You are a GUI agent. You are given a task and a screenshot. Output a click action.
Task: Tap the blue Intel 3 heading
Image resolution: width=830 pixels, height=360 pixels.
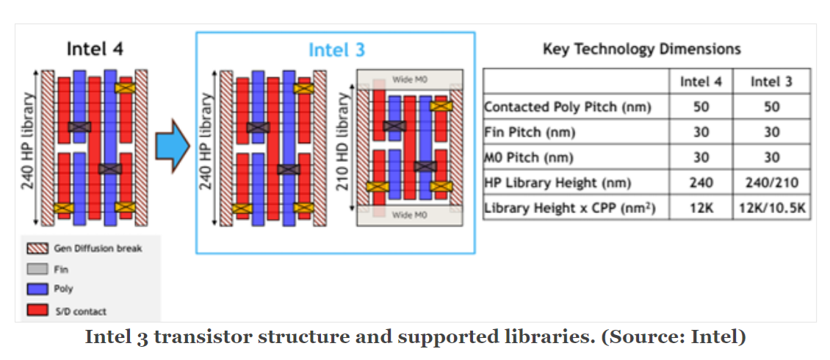[x=336, y=50]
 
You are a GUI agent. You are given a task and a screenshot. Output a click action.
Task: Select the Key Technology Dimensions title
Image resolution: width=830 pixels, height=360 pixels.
[x=641, y=49]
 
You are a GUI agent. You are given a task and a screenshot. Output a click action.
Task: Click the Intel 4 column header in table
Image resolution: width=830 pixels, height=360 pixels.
[x=701, y=82]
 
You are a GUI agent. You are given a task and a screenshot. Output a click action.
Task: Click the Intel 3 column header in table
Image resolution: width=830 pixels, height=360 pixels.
[x=771, y=82]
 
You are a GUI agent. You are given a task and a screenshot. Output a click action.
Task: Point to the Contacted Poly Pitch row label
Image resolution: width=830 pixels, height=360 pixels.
[x=567, y=107]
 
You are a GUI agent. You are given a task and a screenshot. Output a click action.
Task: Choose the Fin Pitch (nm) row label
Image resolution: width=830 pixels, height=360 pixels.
[x=529, y=133]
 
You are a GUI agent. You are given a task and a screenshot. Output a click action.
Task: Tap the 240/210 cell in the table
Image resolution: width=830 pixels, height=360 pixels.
[x=771, y=183]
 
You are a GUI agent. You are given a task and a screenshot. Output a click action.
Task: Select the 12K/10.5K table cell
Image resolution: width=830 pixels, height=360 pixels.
[x=771, y=209]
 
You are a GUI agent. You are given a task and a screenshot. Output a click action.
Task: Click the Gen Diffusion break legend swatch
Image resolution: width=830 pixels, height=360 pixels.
[x=37, y=248]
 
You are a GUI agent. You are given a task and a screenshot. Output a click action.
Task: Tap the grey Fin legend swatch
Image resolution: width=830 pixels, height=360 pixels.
[x=37, y=269]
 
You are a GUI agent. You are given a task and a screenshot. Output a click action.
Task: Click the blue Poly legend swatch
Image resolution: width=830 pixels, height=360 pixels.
[x=37, y=289]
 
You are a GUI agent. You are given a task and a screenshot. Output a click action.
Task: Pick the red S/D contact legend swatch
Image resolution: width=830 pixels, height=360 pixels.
[x=37, y=311]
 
